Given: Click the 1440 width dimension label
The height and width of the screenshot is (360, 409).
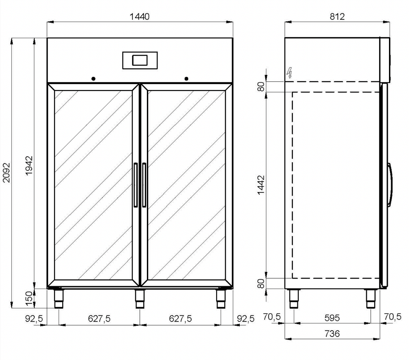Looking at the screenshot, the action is coord(139,17).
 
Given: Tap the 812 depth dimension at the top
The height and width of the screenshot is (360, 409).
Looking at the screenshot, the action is coord(337,17).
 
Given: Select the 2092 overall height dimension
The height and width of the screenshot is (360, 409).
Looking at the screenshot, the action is coord(7,173).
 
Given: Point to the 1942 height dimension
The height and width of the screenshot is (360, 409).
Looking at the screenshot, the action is coord(29,166).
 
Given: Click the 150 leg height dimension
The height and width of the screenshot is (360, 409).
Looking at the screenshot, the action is coord(29,299).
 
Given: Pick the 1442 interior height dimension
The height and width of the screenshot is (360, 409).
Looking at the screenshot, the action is coord(261,185).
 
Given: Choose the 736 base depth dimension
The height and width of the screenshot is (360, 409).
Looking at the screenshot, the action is coord(332,334).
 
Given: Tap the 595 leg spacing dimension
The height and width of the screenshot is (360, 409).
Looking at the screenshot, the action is coord(332,318).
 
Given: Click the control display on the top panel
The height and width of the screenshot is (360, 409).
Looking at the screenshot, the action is coord(140,60).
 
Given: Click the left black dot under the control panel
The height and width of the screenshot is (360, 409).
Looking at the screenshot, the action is coord(93,79).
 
